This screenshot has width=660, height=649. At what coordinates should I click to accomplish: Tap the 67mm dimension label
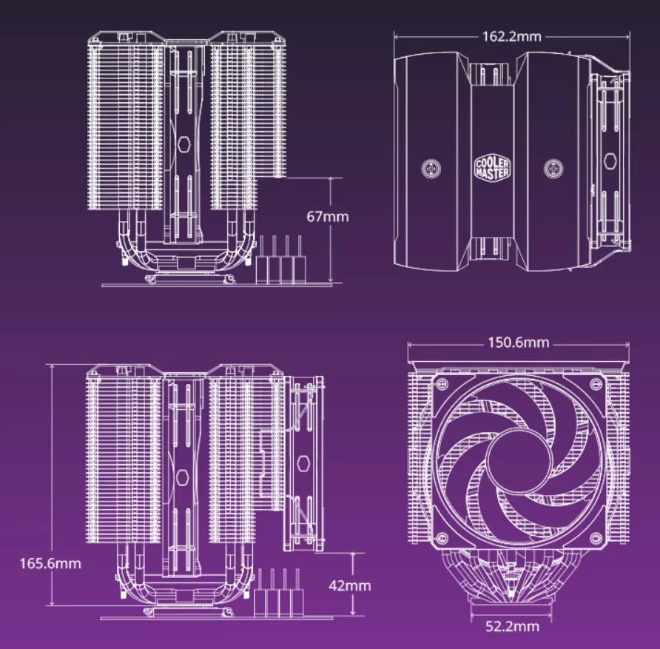[x=326, y=217]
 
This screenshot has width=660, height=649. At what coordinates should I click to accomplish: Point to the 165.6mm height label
[x=50, y=563]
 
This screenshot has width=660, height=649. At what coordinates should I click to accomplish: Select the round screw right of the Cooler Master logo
[x=552, y=169]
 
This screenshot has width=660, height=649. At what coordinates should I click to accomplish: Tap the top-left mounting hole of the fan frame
[x=442, y=385]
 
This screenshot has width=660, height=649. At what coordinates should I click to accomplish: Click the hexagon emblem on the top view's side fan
[x=611, y=161]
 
